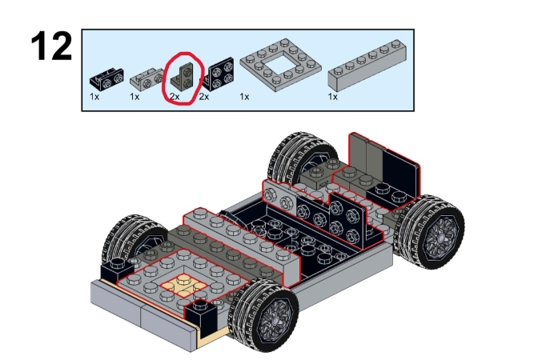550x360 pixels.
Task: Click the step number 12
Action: click(51, 48)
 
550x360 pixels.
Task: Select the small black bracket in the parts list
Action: click(106, 80)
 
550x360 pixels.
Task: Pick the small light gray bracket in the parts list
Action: click(146, 79)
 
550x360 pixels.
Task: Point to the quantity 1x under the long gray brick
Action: click(332, 97)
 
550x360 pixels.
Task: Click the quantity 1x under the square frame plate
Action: click(244, 97)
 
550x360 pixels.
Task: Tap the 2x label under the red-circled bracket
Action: click(174, 97)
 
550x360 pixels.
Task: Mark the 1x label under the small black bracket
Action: click(94, 97)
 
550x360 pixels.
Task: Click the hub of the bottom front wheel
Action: click(268, 318)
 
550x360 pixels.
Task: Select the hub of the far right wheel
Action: click(440, 232)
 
